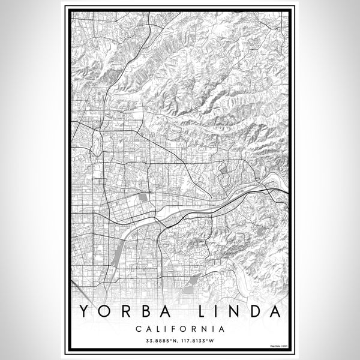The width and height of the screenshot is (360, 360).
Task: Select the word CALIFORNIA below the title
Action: [x=180, y=329]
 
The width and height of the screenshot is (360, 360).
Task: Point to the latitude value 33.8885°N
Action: [x=157, y=341]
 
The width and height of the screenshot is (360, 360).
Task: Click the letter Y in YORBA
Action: [x=82, y=313]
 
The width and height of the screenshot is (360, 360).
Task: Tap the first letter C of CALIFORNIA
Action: [x=139, y=329]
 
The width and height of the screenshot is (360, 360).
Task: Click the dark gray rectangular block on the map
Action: [x=142, y=196]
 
